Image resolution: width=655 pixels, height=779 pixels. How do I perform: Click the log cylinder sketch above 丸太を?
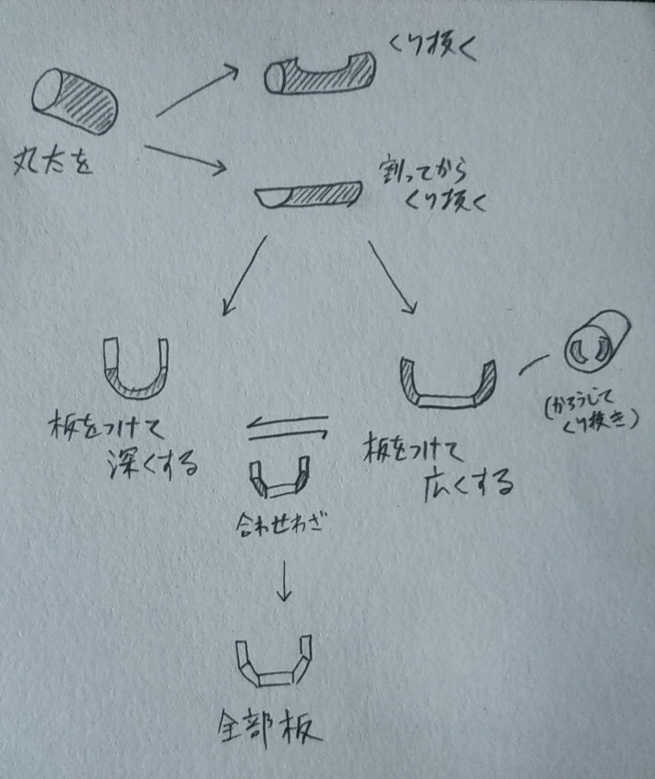coord(75,101)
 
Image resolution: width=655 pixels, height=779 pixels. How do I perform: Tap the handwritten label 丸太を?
coord(53,163)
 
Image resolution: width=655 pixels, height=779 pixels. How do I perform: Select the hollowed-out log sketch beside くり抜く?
coord(320,74)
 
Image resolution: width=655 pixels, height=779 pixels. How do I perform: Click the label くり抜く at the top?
coord(432,49)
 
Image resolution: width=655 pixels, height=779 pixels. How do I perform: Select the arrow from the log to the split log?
coord(185,158)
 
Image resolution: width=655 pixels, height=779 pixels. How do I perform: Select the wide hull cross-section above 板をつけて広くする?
coord(448,386)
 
